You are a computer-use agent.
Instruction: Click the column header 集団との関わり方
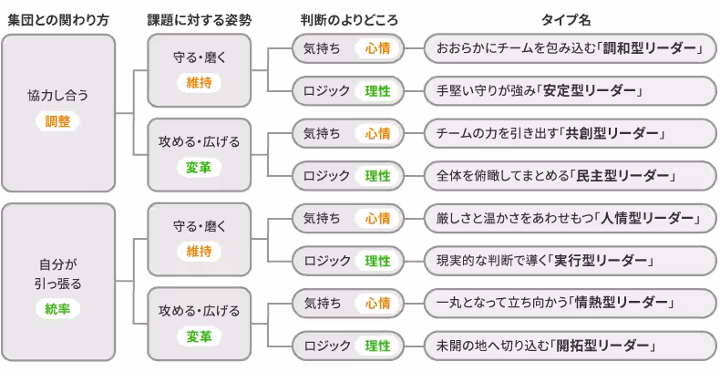(x=57, y=19)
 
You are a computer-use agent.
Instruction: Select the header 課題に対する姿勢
(x=200, y=19)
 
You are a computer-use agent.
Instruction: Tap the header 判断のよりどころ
(x=349, y=19)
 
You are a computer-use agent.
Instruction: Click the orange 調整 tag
(x=57, y=120)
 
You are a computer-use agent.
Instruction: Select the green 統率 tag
(x=57, y=308)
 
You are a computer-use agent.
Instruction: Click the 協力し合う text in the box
(x=57, y=95)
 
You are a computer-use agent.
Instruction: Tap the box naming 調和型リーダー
(x=570, y=47)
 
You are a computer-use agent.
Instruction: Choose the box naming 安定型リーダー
(x=570, y=90)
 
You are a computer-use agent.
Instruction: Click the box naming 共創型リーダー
(x=570, y=133)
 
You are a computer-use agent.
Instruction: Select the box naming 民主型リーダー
(x=570, y=175)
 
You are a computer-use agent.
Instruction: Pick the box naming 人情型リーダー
(x=570, y=218)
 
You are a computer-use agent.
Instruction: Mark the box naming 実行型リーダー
(x=570, y=261)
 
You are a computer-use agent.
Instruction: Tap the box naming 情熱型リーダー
(x=570, y=303)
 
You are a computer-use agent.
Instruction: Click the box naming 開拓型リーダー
(x=570, y=346)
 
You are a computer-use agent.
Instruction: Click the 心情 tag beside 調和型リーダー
(x=377, y=47)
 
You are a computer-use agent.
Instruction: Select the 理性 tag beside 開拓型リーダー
(x=377, y=346)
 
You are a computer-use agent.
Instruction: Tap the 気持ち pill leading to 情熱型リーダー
(x=324, y=303)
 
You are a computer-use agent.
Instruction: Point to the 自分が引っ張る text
(x=57, y=274)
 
